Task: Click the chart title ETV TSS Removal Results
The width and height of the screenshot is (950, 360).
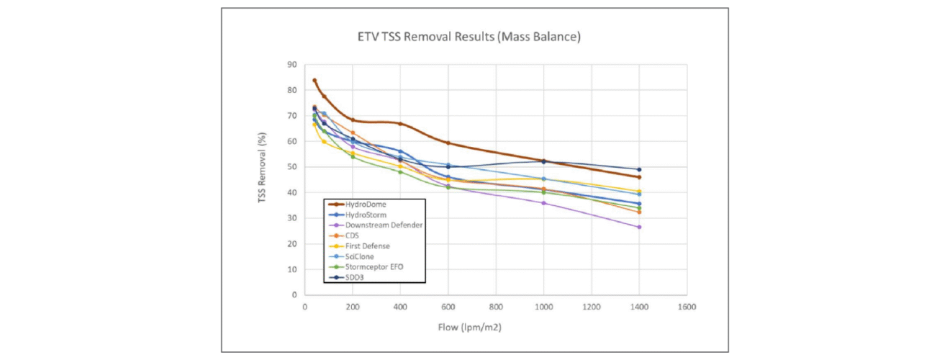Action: pos(469,36)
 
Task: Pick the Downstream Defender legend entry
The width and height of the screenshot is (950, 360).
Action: pos(384,225)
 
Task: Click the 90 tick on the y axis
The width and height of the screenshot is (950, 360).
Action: pos(292,65)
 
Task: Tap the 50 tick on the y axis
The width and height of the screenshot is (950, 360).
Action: pos(292,167)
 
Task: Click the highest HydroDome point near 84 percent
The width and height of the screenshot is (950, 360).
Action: pos(315,80)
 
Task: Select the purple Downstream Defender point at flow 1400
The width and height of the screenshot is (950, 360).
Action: pos(639,227)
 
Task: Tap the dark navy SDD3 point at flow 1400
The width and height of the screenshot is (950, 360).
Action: pos(639,170)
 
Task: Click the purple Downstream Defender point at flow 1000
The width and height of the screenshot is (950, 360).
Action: pos(543,203)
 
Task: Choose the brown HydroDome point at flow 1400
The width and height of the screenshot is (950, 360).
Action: pos(639,177)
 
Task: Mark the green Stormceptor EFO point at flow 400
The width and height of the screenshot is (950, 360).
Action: pos(400,172)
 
